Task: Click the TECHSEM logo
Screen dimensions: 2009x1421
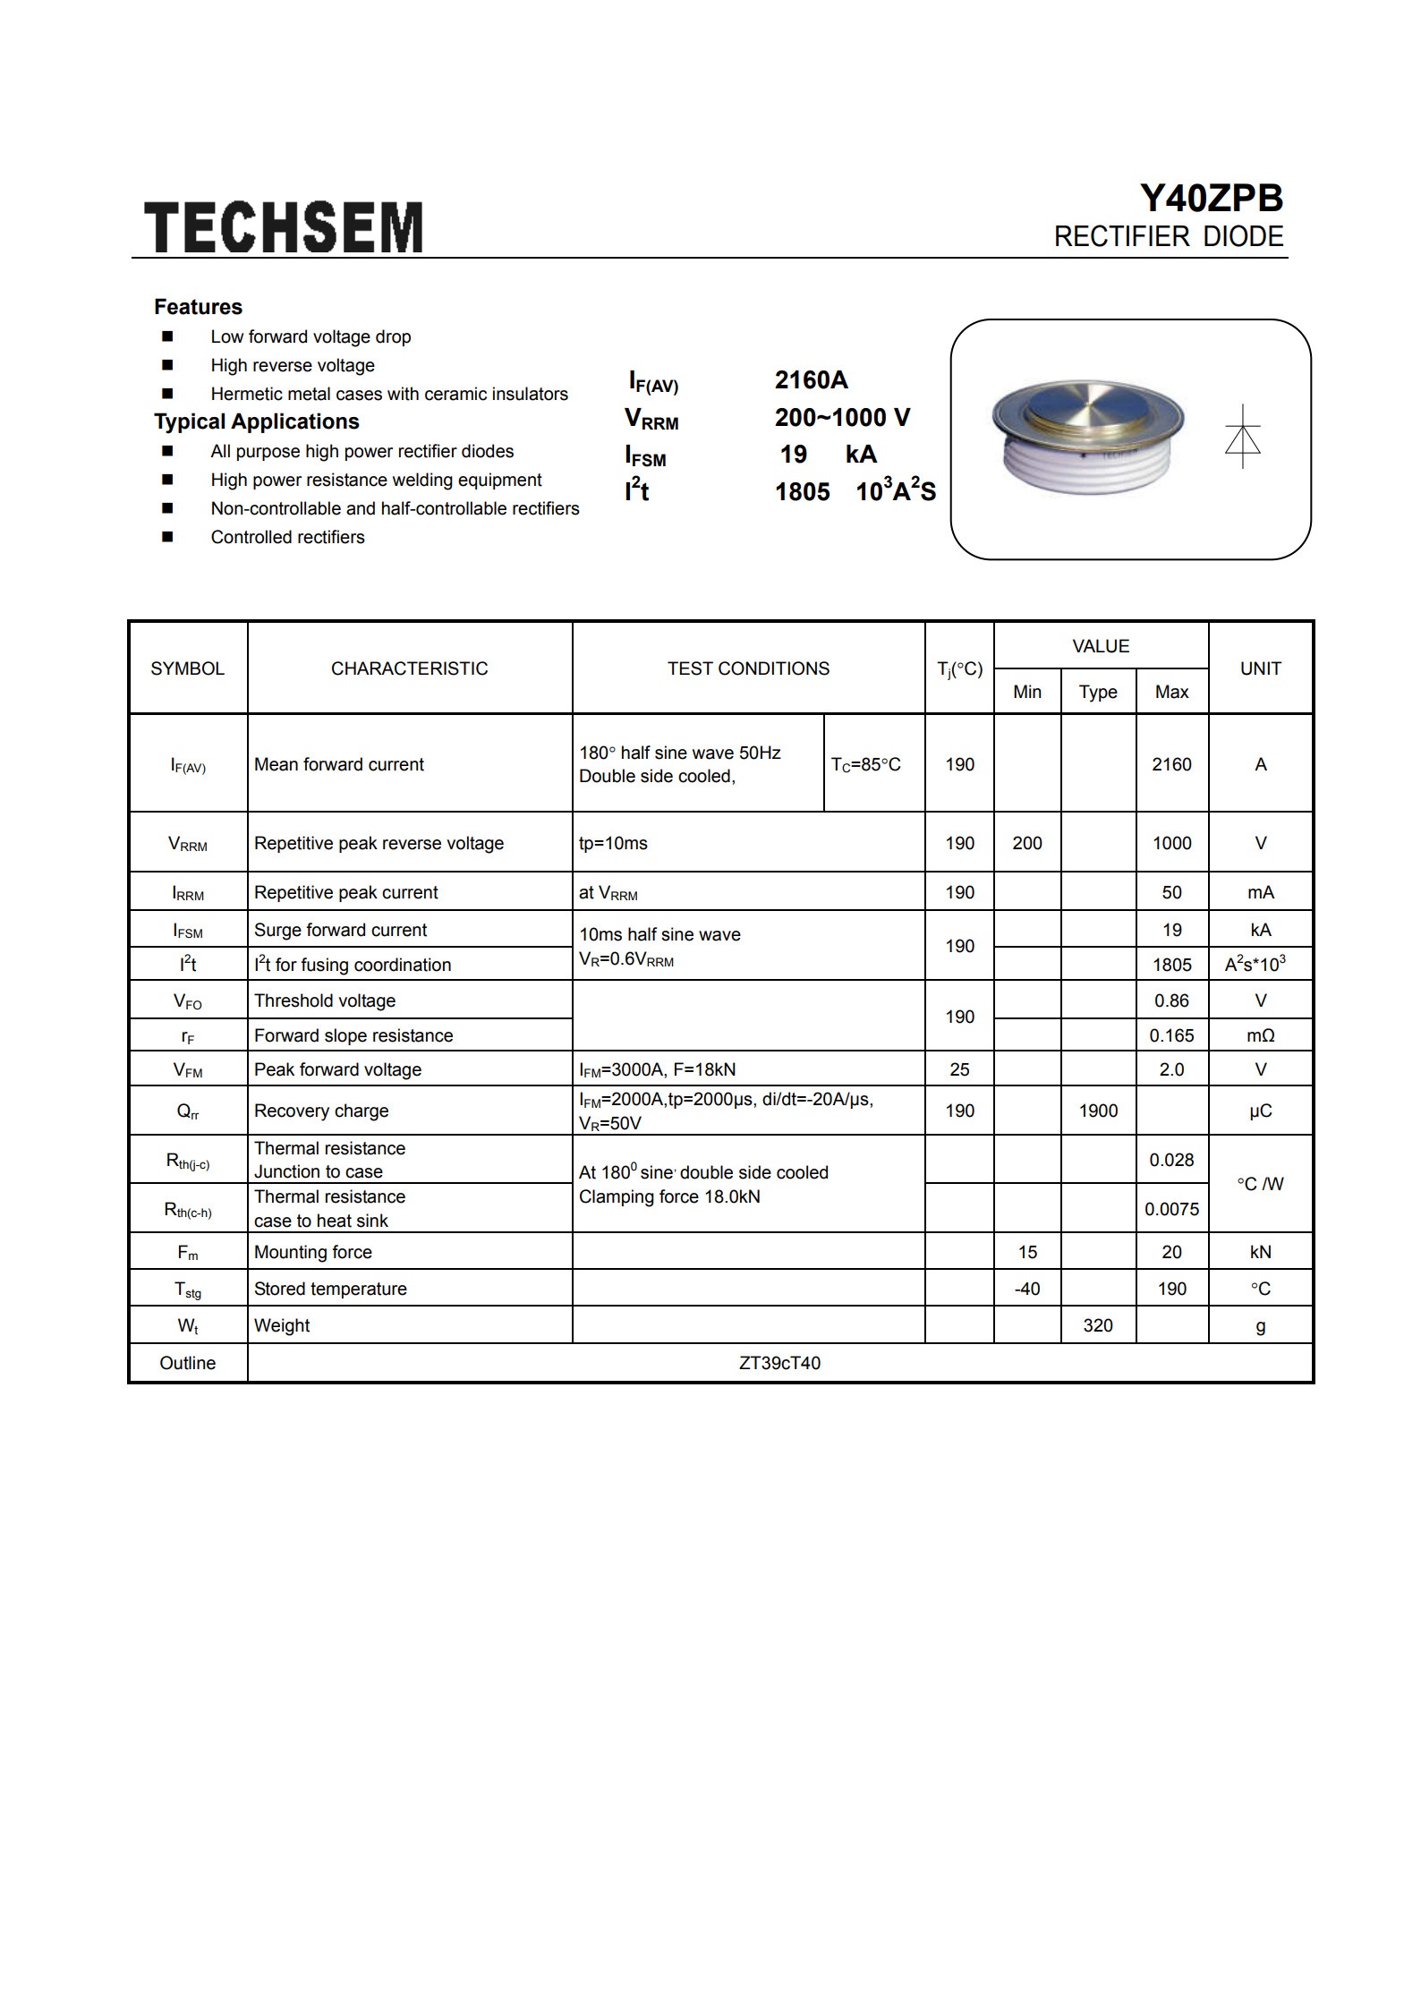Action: pos(284,226)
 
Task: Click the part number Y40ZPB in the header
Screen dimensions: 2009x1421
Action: pos(1210,199)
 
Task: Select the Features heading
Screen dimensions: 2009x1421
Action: pos(198,307)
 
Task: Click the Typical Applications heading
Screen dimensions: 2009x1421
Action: pos(256,421)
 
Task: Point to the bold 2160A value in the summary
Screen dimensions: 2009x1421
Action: pos(811,380)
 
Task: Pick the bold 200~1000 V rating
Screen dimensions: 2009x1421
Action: pos(842,418)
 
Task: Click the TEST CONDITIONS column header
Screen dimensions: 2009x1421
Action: pos(748,668)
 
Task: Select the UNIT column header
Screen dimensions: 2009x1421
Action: pos(1260,668)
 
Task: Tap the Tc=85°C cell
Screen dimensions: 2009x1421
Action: pos(865,764)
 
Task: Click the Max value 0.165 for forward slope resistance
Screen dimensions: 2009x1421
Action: pos(1171,1035)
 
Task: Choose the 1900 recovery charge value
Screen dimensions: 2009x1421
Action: pos(1098,1111)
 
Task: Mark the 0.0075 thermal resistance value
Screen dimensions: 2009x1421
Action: pos(1171,1209)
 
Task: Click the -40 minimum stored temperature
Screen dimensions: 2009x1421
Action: pos(1026,1289)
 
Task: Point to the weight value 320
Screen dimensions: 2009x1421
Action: pos(1098,1325)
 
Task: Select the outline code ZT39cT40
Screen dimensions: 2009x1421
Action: pos(779,1363)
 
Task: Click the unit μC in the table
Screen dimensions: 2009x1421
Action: pos(1260,1111)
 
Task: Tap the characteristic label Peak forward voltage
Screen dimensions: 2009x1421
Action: pos(337,1069)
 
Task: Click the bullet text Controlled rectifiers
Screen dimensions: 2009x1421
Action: pos(287,537)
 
